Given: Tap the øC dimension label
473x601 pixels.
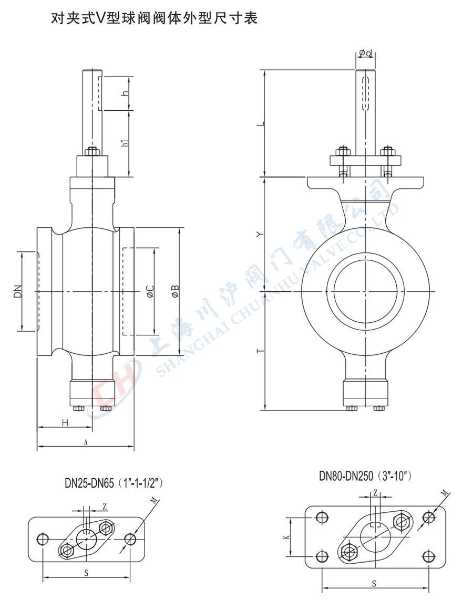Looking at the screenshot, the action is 150,291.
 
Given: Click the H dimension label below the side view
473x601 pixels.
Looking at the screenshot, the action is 65,423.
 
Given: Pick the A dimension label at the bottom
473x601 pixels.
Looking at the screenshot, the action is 86,442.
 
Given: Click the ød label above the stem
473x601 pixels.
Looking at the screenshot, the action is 365,54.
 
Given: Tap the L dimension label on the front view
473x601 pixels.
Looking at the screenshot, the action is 261,123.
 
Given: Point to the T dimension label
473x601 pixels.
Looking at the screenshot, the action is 261,351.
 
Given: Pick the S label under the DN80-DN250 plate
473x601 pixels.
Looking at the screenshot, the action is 374,584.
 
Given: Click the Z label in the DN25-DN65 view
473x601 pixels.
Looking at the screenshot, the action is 105,507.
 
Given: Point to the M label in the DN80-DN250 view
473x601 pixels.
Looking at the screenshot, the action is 445,493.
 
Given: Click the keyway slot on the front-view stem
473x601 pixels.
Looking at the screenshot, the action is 365,94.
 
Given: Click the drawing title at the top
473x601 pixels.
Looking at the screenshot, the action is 154,18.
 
